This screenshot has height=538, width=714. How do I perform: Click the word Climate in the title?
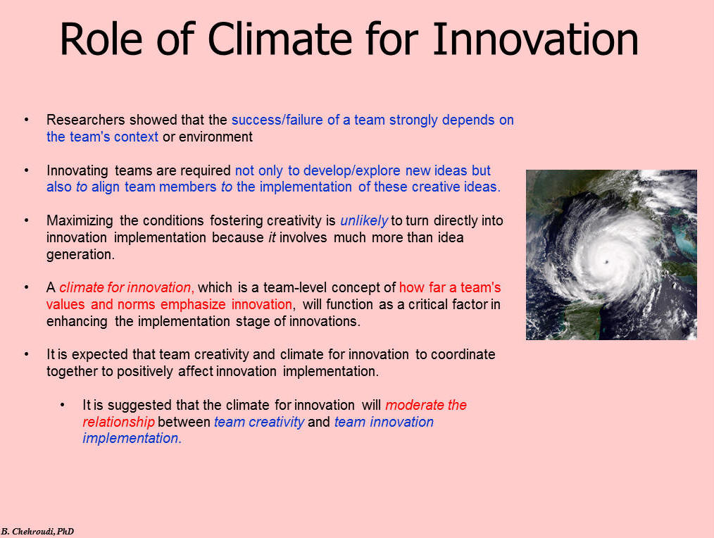(x=280, y=39)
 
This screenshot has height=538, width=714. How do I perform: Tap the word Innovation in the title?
(x=535, y=39)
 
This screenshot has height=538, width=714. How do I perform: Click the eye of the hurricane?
(x=606, y=261)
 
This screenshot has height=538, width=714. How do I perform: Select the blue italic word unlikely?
(x=364, y=221)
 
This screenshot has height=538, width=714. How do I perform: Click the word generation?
(x=80, y=255)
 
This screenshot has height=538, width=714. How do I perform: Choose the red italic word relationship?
(x=118, y=422)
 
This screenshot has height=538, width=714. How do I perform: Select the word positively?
(x=144, y=371)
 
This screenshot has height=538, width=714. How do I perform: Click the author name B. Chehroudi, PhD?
(x=37, y=532)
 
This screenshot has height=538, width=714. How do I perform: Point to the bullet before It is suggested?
(x=63, y=405)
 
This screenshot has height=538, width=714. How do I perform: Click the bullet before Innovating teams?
(x=27, y=170)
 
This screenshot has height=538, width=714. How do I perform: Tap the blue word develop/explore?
(x=351, y=171)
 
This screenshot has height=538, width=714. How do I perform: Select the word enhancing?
(x=77, y=322)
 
